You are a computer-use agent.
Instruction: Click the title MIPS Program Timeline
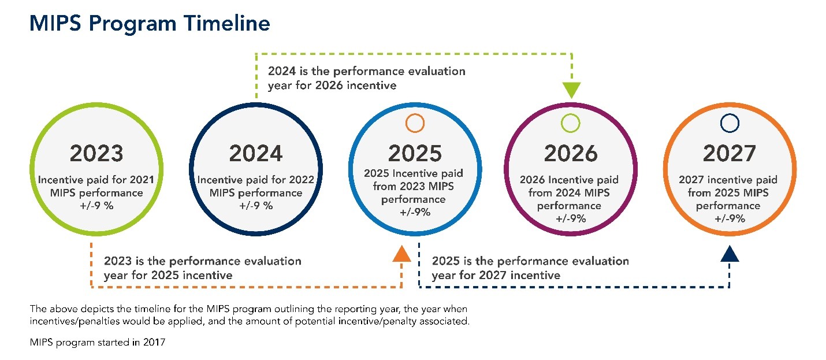(150, 23)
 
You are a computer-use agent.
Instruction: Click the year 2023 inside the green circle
(96, 154)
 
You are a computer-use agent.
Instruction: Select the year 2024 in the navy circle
(256, 154)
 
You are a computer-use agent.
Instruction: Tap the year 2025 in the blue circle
(415, 154)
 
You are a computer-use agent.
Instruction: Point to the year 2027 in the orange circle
(730, 154)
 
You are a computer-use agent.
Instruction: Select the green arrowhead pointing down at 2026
(571, 90)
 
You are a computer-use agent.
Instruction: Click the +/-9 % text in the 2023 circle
(96, 206)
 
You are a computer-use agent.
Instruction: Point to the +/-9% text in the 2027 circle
(730, 218)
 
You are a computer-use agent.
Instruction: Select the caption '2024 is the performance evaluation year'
(366, 79)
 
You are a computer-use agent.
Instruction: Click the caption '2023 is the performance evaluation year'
(202, 268)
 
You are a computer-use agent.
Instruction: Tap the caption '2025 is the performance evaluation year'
(530, 268)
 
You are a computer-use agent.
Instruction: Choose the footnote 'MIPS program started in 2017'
(98, 343)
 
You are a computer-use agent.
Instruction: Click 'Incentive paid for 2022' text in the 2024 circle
(256, 180)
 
